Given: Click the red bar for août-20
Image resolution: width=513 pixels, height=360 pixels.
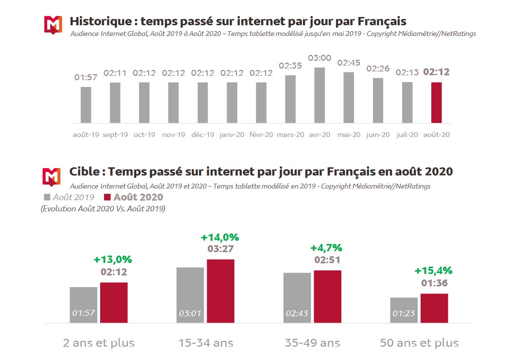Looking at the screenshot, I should click(x=436, y=103).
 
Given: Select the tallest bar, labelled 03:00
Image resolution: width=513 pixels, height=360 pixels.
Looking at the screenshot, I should click(x=319, y=95).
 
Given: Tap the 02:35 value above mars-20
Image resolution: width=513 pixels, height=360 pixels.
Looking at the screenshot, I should click(x=290, y=66).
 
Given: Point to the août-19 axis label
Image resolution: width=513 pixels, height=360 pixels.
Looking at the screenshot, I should click(x=86, y=135).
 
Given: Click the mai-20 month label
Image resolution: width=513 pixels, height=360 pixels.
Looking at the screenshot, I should click(x=349, y=135).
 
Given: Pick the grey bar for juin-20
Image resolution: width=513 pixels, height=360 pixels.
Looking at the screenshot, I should click(x=378, y=100).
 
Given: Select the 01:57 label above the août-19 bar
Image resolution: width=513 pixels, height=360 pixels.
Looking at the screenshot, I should click(x=86, y=77).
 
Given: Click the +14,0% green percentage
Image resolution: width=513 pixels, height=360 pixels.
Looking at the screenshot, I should click(x=220, y=238).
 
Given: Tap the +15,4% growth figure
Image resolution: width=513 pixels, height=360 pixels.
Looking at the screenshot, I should click(x=434, y=271).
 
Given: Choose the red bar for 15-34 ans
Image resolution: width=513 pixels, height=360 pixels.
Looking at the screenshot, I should click(x=220, y=291).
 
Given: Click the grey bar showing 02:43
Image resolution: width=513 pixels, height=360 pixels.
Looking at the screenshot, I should click(x=297, y=297).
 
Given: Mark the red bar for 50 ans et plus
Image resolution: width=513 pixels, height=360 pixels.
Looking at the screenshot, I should click(x=434, y=308).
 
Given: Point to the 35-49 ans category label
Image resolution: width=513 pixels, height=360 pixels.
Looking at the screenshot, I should click(x=312, y=343).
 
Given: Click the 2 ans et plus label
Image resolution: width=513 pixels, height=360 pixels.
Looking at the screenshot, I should click(x=99, y=343).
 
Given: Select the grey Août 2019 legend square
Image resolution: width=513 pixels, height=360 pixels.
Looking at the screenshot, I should click(x=47, y=197).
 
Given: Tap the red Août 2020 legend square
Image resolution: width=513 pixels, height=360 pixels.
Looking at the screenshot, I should click(x=107, y=197).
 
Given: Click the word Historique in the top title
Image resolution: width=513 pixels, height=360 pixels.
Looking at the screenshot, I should click(x=100, y=21).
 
